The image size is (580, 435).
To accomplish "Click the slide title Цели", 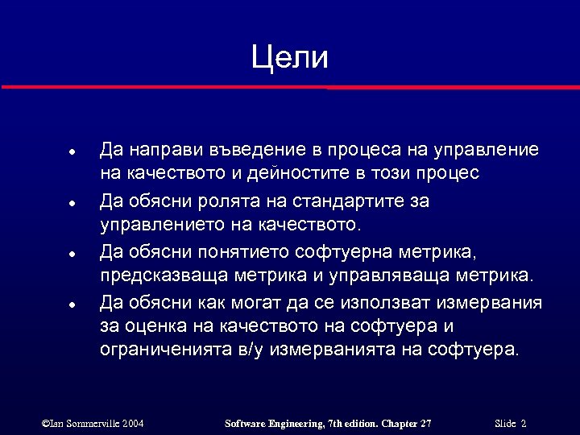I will pos(289,58).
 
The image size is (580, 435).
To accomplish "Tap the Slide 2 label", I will pos(511,423).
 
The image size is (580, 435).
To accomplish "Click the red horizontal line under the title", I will pos(290,86).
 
